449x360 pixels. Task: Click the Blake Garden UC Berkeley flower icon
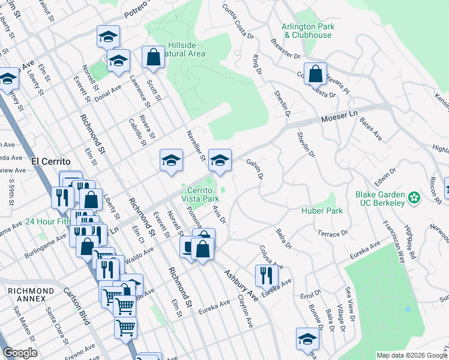[x=414, y=197]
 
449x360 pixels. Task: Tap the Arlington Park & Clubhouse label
[x=308, y=31]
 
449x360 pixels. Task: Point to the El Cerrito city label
[x=50, y=161]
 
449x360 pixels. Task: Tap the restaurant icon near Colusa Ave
[x=267, y=275]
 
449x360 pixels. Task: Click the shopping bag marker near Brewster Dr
[x=315, y=74]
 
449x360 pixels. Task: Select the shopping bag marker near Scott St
[x=153, y=58]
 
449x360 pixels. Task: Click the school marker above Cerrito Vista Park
[x=220, y=160]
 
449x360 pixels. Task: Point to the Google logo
[x=19, y=353]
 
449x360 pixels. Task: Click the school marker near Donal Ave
[x=118, y=61]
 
